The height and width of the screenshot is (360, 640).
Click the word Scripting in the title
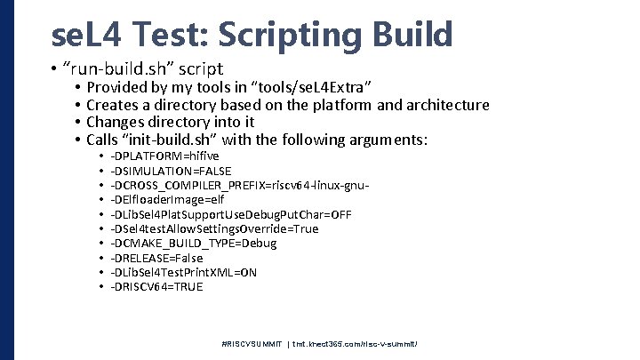coord(282,35)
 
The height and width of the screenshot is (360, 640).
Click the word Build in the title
coord(410,35)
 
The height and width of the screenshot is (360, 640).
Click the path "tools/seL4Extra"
coord(313,87)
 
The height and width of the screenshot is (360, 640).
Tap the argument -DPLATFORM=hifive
coord(164,156)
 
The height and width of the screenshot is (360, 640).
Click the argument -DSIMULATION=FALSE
coord(171,171)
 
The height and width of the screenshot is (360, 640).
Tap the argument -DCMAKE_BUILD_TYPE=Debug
coord(194,243)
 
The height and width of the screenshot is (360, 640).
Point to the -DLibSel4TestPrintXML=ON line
coord(183,272)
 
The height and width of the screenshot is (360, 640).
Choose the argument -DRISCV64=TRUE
coord(156,286)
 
